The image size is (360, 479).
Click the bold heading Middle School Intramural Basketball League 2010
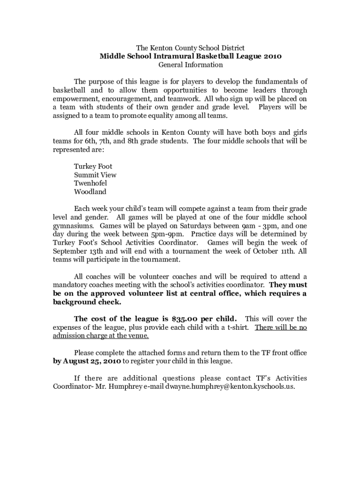(190, 56)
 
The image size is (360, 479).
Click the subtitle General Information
(190, 65)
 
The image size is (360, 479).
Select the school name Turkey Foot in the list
(93, 167)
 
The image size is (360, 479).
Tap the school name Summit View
(95, 175)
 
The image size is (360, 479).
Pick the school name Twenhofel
(90, 183)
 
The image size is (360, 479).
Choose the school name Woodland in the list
(90, 192)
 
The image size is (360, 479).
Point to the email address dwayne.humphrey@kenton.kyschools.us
(230, 387)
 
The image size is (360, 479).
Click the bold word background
(75, 302)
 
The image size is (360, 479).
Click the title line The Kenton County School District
(190, 48)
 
